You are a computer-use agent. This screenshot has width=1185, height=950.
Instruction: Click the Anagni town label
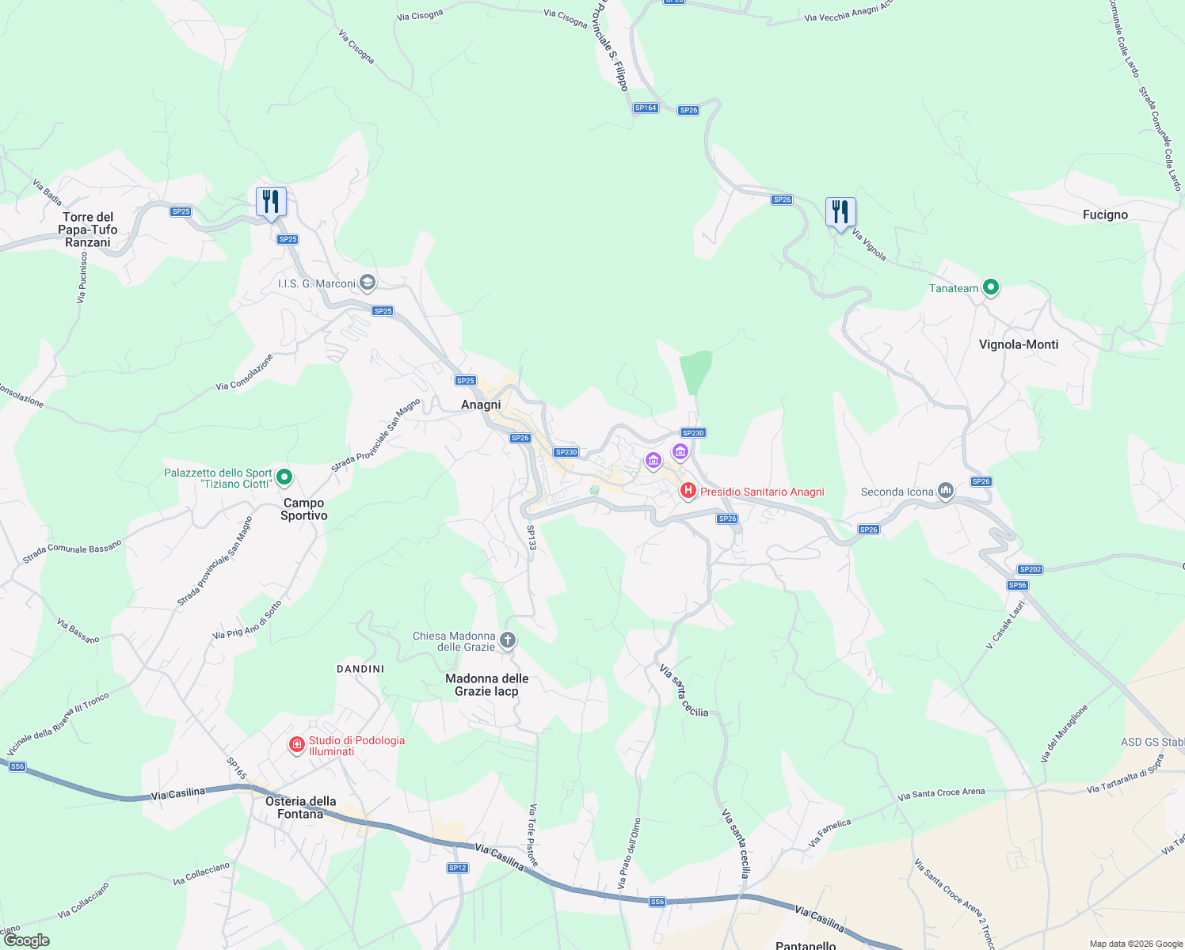pyautogui.click(x=481, y=405)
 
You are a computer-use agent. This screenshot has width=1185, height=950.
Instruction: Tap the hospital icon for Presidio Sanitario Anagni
pyautogui.click(x=688, y=492)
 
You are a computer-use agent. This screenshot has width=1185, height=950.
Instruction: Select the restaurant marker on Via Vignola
pyautogui.click(x=840, y=212)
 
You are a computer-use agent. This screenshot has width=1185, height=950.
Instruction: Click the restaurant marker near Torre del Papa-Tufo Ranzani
pyautogui.click(x=271, y=202)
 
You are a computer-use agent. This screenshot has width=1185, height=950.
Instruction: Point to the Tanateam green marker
pyautogui.click(x=990, y=287)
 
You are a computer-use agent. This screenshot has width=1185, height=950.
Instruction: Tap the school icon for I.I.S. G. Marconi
pyautogui.click(x=367, y=283)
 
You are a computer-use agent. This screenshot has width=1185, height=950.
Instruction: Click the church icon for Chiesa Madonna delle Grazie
pyautogui.click(x=508, y=640)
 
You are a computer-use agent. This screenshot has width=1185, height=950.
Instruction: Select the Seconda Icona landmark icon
pyautogui.click(x=946, y=491)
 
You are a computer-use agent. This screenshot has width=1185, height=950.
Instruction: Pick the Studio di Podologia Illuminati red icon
pyautogui.click(x=297, y=745)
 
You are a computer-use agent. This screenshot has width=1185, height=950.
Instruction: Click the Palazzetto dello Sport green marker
pyautogui.click(x=285, y=477)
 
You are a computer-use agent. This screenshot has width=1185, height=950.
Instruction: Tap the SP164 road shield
pyautogui.click(x=646, y=108)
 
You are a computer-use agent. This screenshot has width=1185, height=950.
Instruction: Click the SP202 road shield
pyautogui.click(x=1030, y=569)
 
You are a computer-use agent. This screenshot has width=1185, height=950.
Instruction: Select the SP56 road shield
pyautogui.click(x=1017, y=585)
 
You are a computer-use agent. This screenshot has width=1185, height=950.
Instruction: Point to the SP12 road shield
pyautogui.click(x=457, y=868)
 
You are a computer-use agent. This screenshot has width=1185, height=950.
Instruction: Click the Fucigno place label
pyautogui.click(x=1105, y=215)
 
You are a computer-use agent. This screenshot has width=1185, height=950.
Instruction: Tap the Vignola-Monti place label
pyautogui.click(x=1019, y=344)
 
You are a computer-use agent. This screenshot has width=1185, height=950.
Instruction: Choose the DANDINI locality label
pyautogui.click(x=360, y=669)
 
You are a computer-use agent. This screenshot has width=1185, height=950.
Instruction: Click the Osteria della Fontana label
pyautogui.click(x=301, y=807)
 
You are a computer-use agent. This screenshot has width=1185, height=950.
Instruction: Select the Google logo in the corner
pyautogui.click(x=26, y=940)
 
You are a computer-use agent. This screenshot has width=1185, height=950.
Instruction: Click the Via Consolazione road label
pyautogui.click(x=244, y=372)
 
